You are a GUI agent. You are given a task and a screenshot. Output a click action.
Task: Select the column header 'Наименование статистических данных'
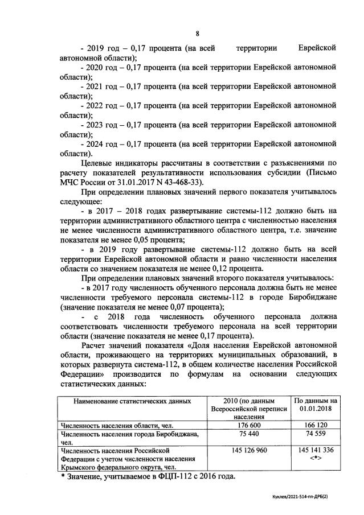[x=132, y=401]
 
